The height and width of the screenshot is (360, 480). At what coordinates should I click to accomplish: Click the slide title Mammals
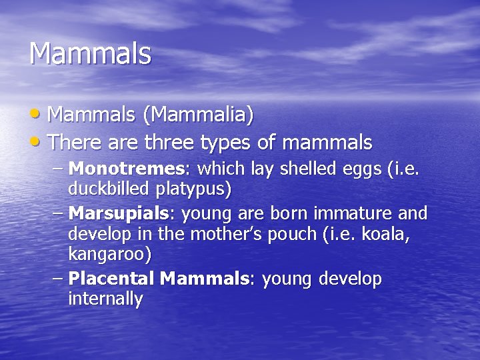tap(90, 54)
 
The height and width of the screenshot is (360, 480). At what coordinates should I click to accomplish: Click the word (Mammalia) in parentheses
tap(198, 115)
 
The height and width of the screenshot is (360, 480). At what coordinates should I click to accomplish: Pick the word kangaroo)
tap(109, 255)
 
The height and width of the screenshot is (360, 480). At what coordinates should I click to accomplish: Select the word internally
tap(105, 299)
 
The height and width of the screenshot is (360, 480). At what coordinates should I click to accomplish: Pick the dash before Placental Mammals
tap(57, 278)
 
